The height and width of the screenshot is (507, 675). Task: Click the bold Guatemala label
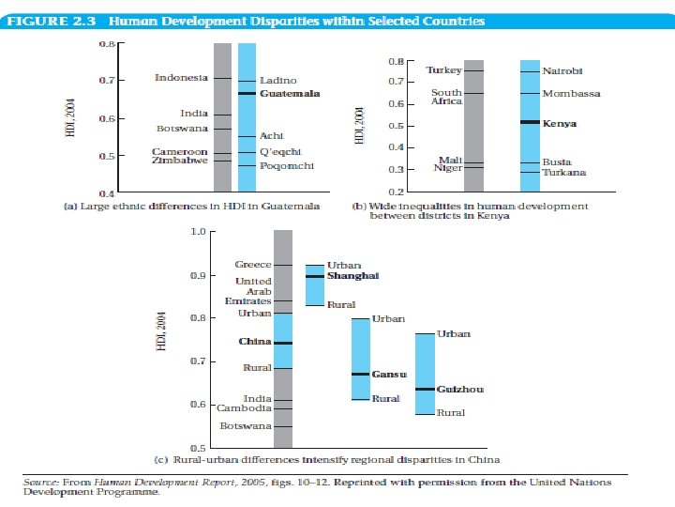click(x=290, y=94)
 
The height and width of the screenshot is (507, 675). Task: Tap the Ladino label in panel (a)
click(x=277, y=81)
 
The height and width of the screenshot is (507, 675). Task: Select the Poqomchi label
click(x=286, y=166)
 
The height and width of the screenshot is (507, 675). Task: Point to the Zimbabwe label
click(x=180, y=161)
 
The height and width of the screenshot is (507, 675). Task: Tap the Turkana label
click(x=563, y=173)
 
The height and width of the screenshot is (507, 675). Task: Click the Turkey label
click(x=443, y=70)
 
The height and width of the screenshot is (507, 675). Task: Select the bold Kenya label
click(x=560, y=124)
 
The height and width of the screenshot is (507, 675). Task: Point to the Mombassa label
click(x=571, y=94)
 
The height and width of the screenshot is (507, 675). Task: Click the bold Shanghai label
click(x=352, y=275)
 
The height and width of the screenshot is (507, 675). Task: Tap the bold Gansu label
click(x=389, y=374)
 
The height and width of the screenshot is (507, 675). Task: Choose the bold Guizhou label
click(x=460, y=389)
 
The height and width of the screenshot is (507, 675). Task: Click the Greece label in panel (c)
click(x=253, y=265)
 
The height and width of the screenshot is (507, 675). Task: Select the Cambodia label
click(x=244, y=408)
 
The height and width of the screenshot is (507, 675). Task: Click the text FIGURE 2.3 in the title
click(x=56, y=21)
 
